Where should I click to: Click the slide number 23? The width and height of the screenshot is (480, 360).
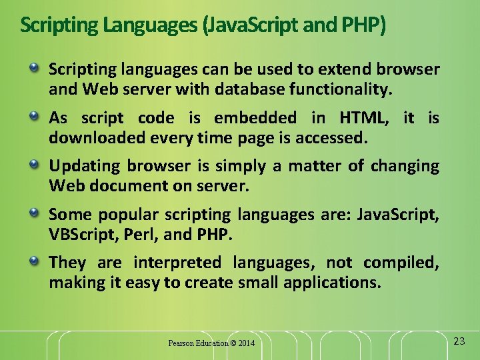(x=459, y=341)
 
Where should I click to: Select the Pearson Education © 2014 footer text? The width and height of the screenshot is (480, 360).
(x=211, y=343)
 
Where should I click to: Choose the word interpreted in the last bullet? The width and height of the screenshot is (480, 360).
(x=177, y=263)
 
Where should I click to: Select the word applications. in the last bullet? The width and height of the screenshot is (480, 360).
(x=333, y=283)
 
